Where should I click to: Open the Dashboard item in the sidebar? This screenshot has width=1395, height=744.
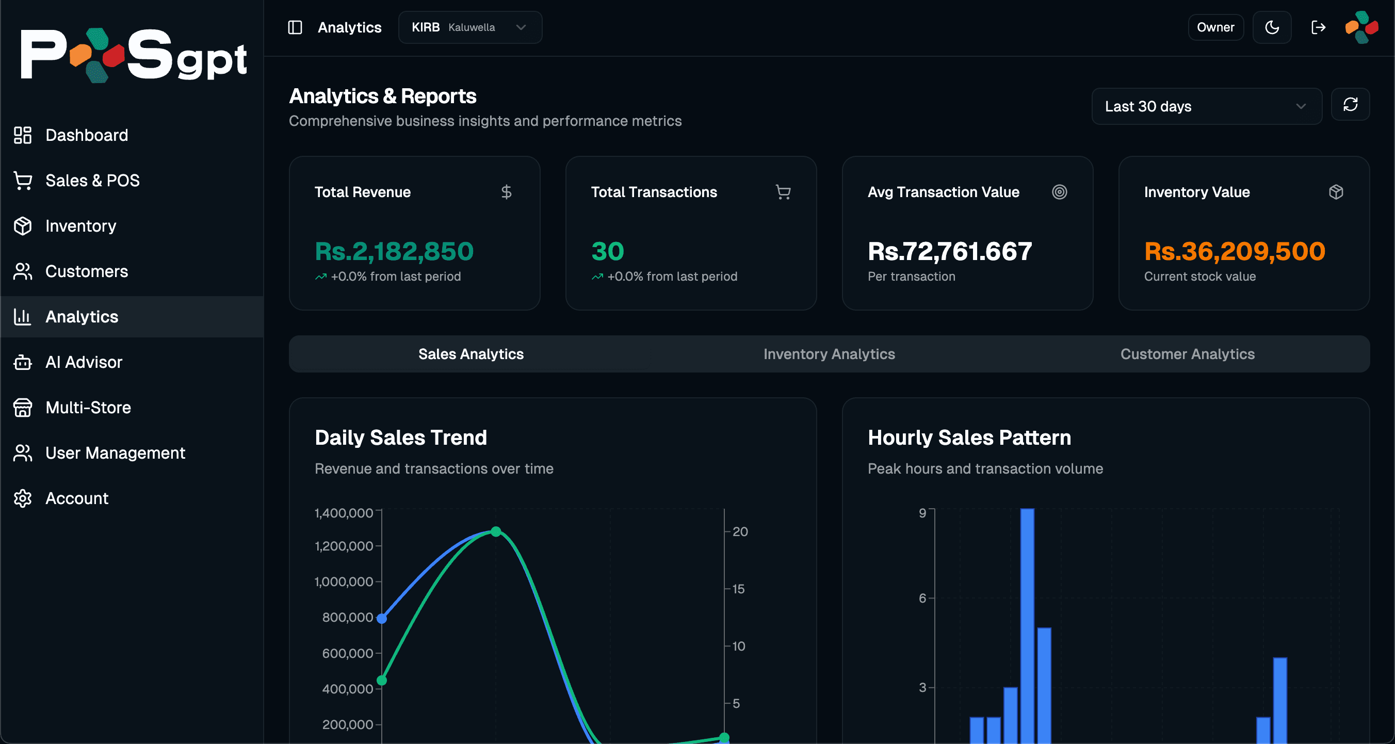tap(86, 135)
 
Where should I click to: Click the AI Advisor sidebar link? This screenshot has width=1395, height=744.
tap(84, 362)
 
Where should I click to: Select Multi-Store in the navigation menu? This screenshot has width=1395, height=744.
tap(88, 407)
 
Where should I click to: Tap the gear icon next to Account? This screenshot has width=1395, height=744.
tap(23, 498)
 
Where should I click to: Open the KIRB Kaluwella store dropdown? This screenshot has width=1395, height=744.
tap(469, 27)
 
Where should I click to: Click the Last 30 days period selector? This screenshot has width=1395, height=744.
tap(1206, 106)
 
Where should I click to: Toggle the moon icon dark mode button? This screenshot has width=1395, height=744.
tap(1272, 27)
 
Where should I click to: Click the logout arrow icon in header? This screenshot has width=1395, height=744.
tap(1318, 27)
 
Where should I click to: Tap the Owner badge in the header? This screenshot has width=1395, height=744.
tap(1215, 27)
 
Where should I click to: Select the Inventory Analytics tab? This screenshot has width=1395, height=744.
tap(829, 353)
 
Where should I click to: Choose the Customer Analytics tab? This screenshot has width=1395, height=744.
tap(1187, 353)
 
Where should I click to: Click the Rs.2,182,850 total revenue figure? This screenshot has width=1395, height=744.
tap(394, 251)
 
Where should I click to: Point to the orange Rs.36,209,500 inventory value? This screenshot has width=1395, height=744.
tap(1234, 251)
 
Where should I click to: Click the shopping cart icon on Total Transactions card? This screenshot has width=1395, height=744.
tap(783, 192)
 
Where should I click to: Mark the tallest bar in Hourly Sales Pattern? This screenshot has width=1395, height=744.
tap(1027, 623)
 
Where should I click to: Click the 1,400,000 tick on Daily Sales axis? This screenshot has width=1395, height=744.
tap(344, 512)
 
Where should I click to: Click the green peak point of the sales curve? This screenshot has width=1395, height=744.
tap(495, 531)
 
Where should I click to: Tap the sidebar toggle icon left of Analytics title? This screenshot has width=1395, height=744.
tap(295, 27)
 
